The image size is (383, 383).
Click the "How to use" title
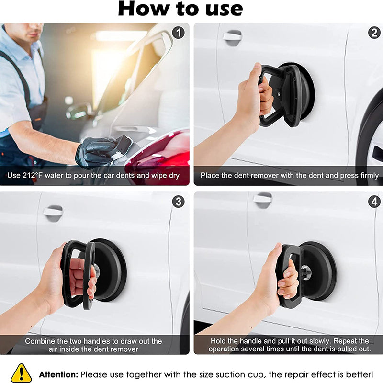[180, 9]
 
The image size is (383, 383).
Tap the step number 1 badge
[178, 33]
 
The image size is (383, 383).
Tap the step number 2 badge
[374, 33]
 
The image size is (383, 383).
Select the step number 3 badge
[178, 202]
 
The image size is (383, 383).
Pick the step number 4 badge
[374, 202]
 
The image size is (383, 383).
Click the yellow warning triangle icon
[21, 373]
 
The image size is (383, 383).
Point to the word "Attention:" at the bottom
[58, 374]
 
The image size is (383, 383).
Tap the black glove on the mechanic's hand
[96, 152]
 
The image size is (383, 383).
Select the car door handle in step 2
[232, 36]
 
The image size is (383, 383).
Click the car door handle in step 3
[53, 212]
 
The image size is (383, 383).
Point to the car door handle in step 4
[263, 199]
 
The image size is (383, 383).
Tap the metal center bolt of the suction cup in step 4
[305, 272]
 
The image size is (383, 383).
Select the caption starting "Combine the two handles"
[94, 345]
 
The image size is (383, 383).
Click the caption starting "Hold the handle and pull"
[289, 345]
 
